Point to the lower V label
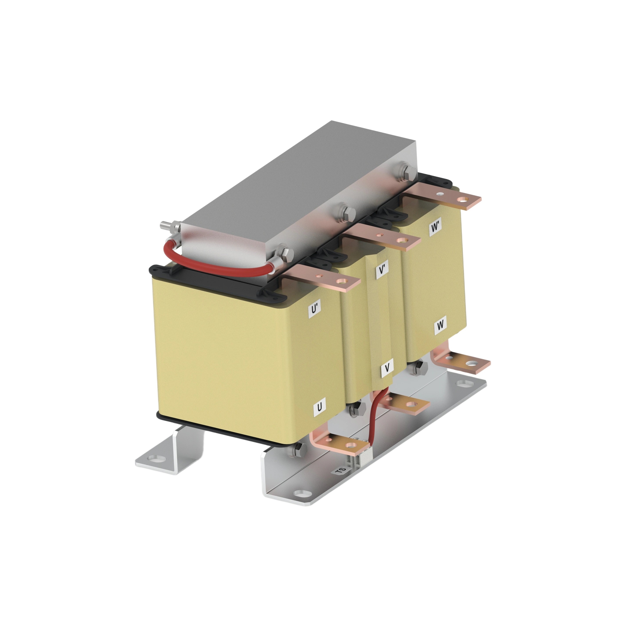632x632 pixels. pyautogui.click(x=387, y=368)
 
